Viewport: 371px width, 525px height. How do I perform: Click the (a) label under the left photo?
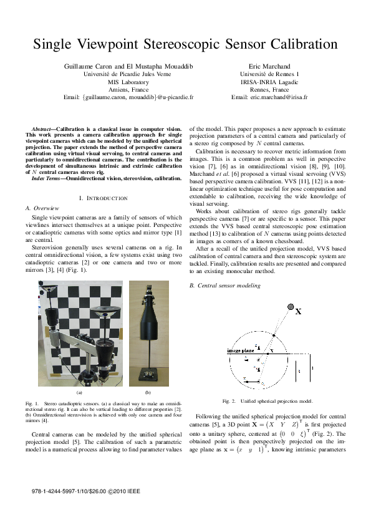coord(79,393)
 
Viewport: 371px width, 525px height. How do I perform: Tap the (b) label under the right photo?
coord(148,393)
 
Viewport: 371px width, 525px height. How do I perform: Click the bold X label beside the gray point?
coord(298,311)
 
